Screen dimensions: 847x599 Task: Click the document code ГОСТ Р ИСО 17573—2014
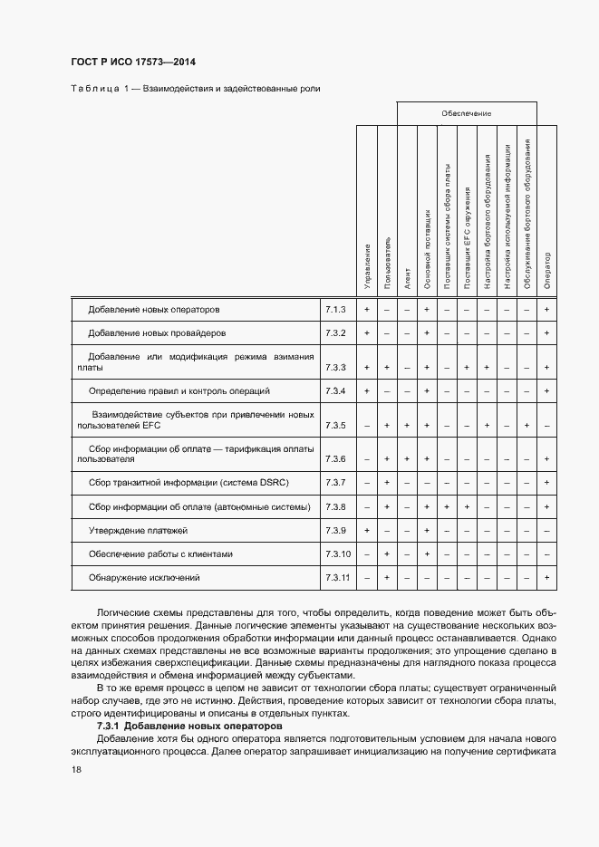click(133, 62)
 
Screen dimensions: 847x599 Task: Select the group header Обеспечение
click(466, 113)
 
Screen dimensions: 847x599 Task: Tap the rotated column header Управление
click(367, 266)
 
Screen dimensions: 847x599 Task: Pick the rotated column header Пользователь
click(387, 264)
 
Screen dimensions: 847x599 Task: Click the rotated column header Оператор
click(547, 271)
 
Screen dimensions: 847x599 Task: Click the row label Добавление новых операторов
click(154, 310)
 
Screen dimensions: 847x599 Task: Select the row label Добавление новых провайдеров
click(157, 333)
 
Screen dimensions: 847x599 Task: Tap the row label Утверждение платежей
click(138, 530)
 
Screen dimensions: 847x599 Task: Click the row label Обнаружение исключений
click(143, 577)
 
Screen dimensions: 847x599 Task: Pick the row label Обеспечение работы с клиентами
click(160, 553)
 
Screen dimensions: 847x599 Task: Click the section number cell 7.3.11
click(337, 577)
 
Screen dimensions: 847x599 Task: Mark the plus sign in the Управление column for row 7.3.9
click(367, 530)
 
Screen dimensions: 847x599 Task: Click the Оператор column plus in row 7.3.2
click(547, 333)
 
